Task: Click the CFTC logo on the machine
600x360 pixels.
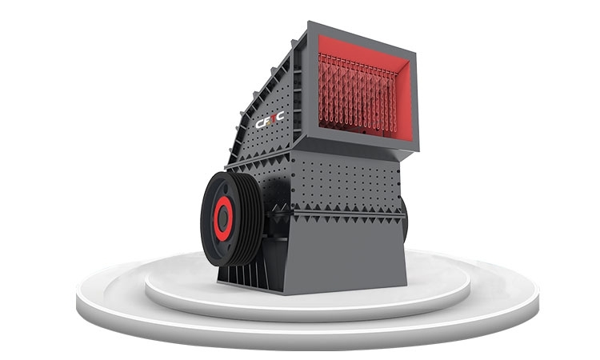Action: click(x=270, y=119)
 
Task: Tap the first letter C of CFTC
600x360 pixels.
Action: click(x=259, y=123)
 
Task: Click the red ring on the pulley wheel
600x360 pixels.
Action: click(x=222, y=218)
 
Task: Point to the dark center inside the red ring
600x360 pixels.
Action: click(x=222, y=218)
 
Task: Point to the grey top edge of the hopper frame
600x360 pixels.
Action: click(x=362, y=37)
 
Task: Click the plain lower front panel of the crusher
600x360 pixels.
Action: click(x=344, y=254)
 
